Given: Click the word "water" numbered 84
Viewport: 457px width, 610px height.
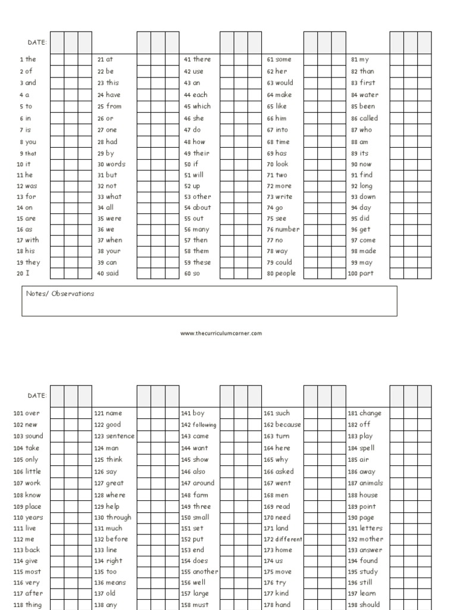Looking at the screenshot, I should click(368, 95).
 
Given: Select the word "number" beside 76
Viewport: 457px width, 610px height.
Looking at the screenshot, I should click(287, 229).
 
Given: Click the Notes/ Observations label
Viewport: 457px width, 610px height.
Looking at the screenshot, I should click(60, 294).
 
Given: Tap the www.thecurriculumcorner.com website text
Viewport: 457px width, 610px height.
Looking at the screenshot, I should click(221, 334).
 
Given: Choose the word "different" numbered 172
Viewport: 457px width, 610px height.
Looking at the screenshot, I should click(289, 539).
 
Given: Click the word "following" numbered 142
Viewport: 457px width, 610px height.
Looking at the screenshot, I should click(204, 425).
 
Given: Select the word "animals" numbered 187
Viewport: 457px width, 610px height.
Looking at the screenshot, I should click(371, 483).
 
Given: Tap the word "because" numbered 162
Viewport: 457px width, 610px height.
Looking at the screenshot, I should click(288, 425).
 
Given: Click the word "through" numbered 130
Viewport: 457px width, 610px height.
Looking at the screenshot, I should click(118, 518).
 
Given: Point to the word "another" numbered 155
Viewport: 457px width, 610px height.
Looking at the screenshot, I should click(205, 571).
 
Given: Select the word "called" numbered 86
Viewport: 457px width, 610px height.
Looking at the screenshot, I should click(368, 118).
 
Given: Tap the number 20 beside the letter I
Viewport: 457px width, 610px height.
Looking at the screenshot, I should click(19, 274).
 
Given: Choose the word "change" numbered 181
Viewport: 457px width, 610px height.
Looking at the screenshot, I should click(370, 413).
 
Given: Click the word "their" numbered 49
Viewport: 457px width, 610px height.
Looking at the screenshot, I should click(201, 153).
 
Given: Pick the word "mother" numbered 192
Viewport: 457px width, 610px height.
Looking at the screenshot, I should click(371, 539).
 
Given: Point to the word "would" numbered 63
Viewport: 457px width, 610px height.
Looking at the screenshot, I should click(284, 83).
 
